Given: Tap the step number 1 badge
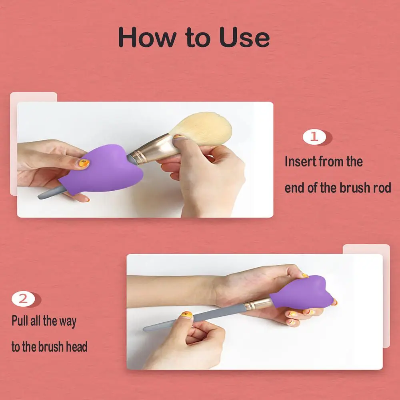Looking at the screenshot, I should (x=314, y=137).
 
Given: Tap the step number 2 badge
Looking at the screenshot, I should (x=24, y=299).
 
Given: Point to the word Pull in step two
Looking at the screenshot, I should (x=20, y=321).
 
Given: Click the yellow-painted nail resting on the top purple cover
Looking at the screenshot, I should (x=84, y=163).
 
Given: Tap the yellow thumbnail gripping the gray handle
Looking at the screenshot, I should (x=186, y=315).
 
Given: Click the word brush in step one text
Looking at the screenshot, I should (x=354, y=188).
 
